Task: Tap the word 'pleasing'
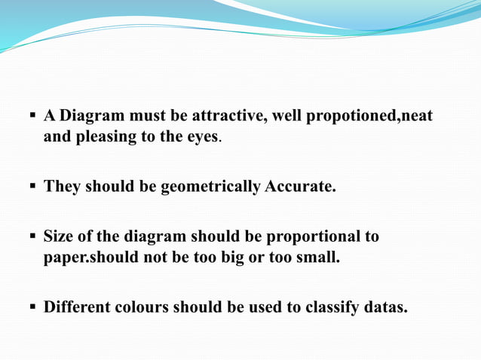pos(100,137)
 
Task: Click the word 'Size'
pos(59,236)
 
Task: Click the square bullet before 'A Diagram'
pos(33,116)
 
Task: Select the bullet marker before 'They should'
pos(33,185)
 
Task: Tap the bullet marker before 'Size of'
pos(33,236)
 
